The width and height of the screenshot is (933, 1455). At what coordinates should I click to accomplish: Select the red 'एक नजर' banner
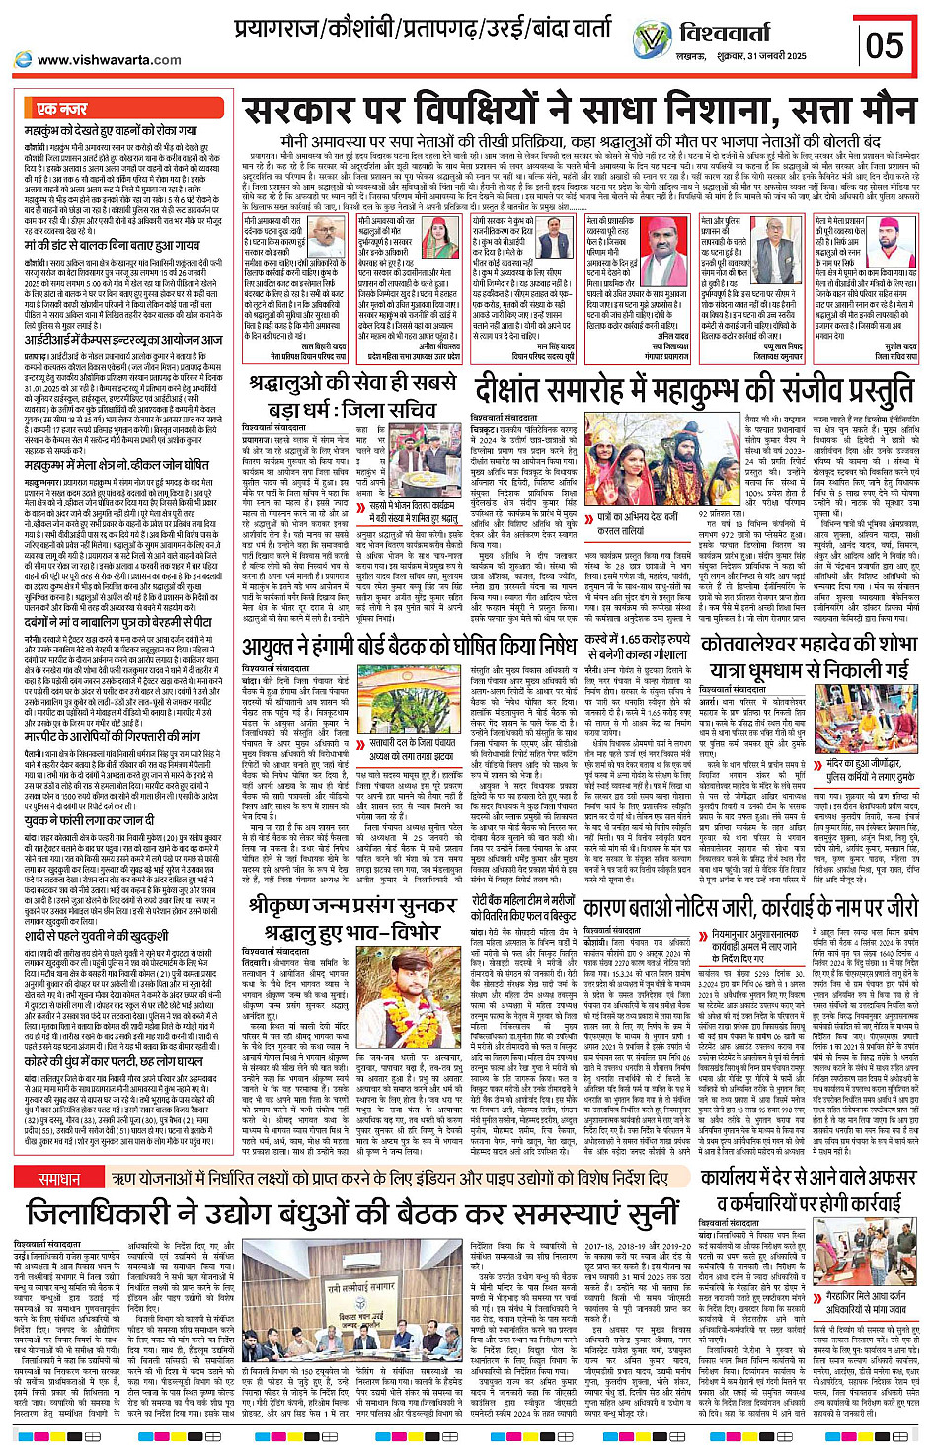(x=61, y=108)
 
